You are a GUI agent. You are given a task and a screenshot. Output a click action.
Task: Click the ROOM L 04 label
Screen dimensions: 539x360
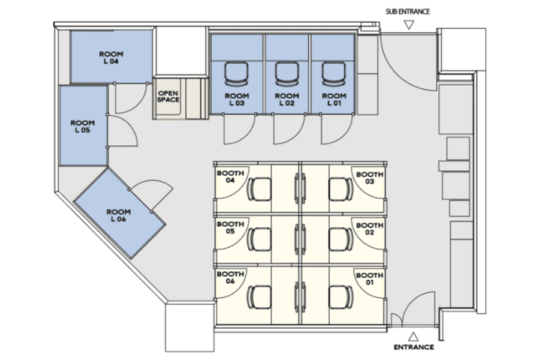click(x=111, y=58)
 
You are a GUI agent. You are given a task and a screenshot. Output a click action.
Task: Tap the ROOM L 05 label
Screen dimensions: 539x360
click(x=83, y=127)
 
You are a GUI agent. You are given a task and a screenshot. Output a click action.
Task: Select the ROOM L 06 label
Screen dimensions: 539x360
click(x=118, y=215)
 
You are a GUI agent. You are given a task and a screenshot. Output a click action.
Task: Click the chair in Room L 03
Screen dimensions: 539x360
click(x=236, y=74)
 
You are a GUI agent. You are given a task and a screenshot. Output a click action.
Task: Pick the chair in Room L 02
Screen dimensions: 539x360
click(x=287, y=74)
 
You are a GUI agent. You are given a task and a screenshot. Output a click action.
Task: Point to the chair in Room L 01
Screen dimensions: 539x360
click(x=334, y=74)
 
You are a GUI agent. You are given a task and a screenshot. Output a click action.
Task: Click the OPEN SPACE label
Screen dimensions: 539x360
click(x=168, y=97)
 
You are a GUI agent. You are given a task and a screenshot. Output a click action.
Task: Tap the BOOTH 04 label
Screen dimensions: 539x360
click(x=230, y=176)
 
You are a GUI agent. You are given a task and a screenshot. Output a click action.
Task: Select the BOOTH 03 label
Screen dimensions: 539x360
click(x=369, y=178)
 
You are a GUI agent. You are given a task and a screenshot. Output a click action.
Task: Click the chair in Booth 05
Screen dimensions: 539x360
click(x=259, y=239)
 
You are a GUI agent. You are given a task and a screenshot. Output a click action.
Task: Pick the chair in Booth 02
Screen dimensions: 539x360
click(x=341, y=239)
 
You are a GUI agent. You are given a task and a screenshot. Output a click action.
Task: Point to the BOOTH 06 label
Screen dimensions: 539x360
click(x=230, y=277)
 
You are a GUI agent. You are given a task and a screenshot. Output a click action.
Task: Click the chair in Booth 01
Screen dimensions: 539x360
click(x=341, y=297)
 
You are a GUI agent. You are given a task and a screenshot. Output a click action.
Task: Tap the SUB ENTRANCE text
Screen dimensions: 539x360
click(x=408, y=12)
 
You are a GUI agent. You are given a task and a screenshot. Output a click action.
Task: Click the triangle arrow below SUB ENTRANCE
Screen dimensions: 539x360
click(x=409, y=25)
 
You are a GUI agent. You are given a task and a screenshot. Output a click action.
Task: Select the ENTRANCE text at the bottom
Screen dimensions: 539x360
click(x=414, y=347)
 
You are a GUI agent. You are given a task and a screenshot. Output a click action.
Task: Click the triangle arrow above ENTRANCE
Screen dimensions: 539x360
click(x=413, y=337)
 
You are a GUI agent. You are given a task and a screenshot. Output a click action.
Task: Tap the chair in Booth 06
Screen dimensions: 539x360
click(x=259, y=297)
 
